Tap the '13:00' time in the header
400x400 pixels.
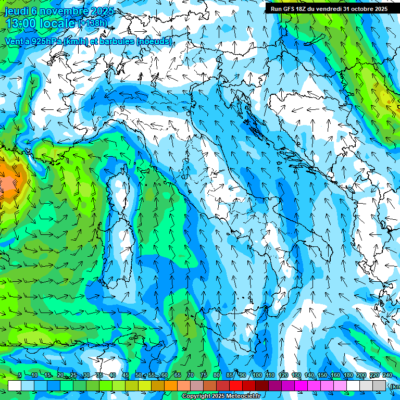coord(21,24)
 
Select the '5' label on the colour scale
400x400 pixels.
coord(20,376)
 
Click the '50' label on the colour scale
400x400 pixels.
coord(139,376)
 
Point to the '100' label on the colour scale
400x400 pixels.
coord(257,376)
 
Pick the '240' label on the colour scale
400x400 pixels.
coord(387,376)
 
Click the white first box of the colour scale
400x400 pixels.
coord(15,385)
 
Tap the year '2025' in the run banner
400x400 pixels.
coord(379,9)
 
